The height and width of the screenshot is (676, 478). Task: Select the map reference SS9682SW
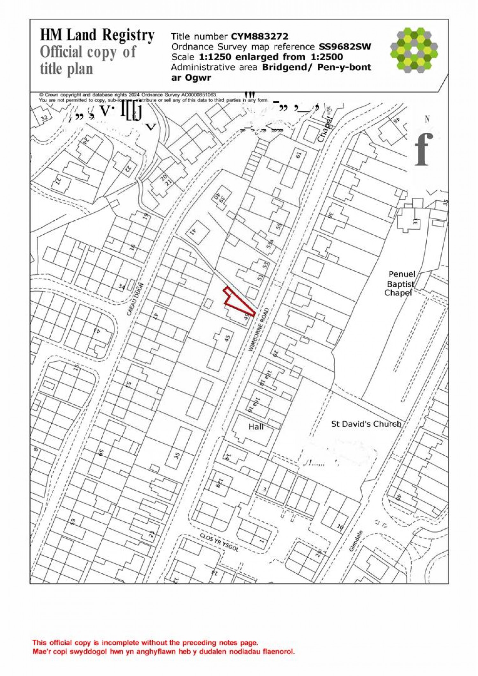pyautogui.click(x=345, y=47)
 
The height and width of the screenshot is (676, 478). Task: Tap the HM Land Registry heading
pyautogui.click(x=97, y=35)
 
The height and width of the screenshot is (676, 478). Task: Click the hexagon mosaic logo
pyautogui.click(x=414, y=50)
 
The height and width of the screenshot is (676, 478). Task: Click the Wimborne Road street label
pyautogui.click(x=258, y=330)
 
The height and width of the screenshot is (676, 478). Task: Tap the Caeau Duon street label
pyautogui.click(x=135, y=299)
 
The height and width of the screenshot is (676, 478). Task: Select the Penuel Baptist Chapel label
pyautogui.click(x=400, y=283)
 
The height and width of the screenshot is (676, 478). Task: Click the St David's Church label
pyautogui.click(x=366, y=424)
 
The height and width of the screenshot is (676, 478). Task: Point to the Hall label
pyautogui.click(x=256, y=427)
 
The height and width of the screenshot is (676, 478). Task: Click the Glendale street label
pyautogui.click(x=356, y=541)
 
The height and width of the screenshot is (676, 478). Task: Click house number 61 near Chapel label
pyautogui.click(x=298, y=155)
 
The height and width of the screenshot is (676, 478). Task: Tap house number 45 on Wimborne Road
pyautogui.click(x=227, y=338)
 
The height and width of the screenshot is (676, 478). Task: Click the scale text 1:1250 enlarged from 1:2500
pyautogui.click(x=271, y=57)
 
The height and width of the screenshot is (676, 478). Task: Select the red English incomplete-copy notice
pyautogui.click(x=145, y=643)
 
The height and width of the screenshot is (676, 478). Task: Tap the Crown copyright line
pyautogui.click(x=128, y=95)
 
